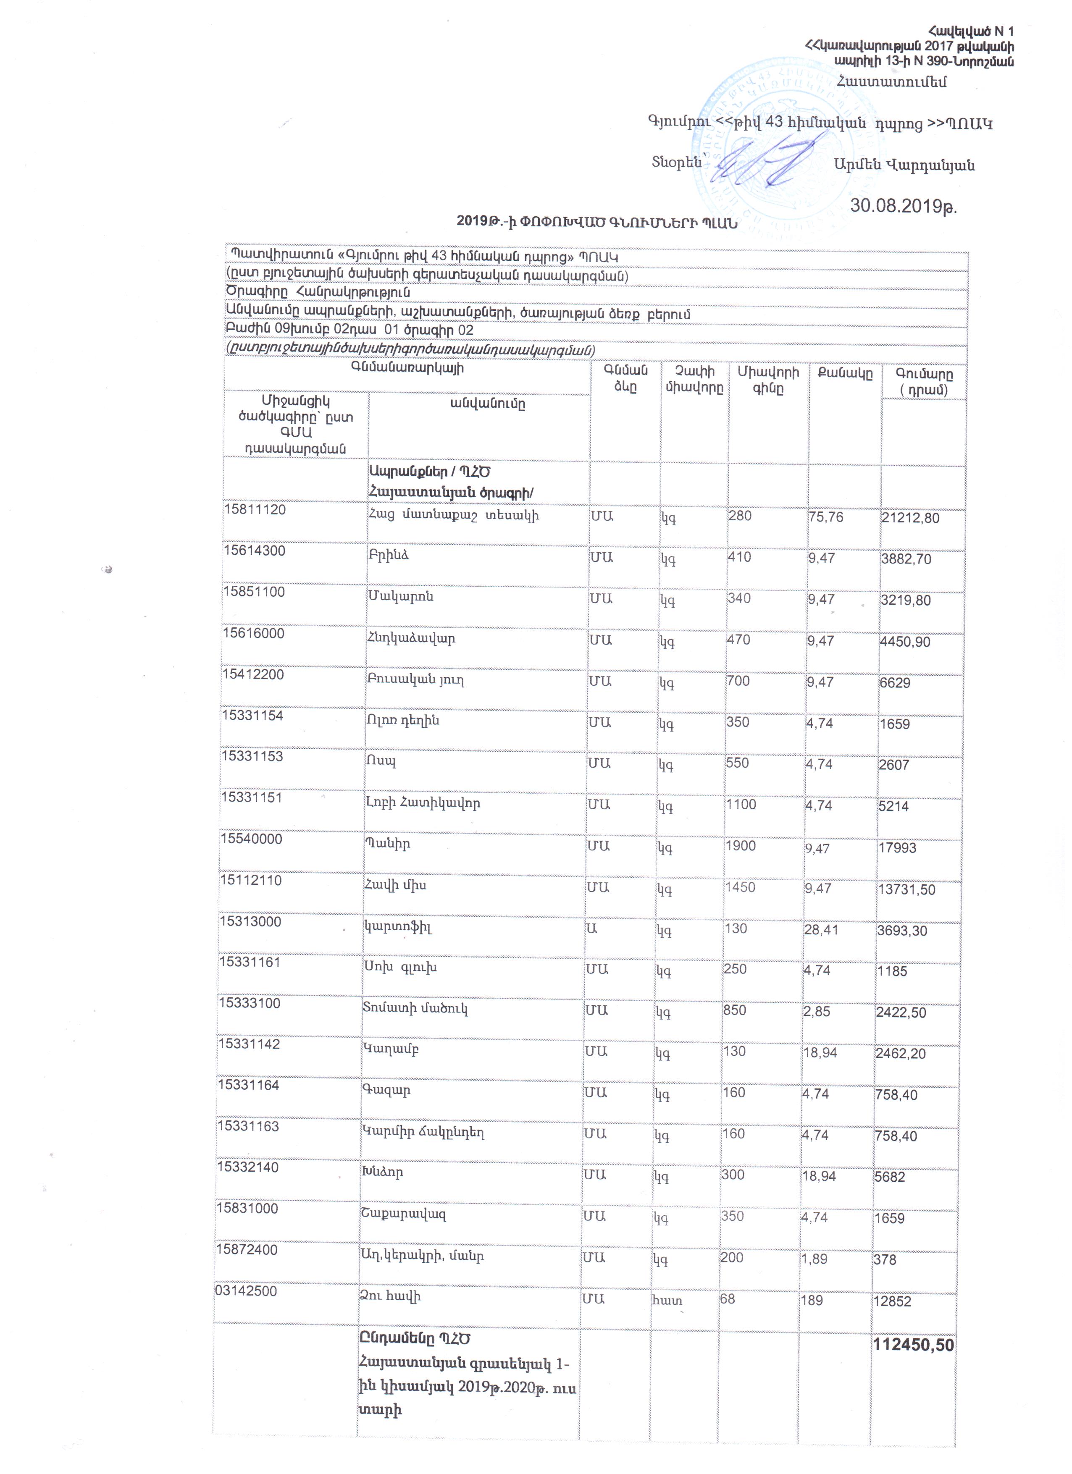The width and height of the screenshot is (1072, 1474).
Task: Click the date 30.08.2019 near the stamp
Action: [903, 206]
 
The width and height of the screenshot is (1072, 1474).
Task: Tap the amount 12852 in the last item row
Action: [893, 1301]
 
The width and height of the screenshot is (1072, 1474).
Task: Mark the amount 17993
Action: [897, 848]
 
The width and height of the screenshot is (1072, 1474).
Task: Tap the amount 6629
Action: [895, 683]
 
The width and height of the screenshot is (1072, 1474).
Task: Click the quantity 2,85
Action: [817, 1011]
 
